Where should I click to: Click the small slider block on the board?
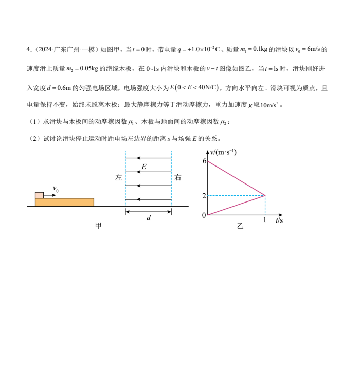(x=39, y=195)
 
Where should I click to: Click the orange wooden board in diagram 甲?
(x=64, y=202)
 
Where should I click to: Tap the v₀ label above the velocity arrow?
(x=56, y=190)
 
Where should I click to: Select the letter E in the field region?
(x=144, y=167)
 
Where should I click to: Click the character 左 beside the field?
(x=119, y=178)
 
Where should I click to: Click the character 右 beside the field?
(x=178, y=178)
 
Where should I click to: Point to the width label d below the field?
(x=149, y=218)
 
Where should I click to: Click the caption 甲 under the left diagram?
(x=98, y=227)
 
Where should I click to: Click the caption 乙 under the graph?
(x=240, y=227)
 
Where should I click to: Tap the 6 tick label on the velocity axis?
(x=204, y=161)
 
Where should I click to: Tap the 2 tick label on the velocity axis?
(x=204, y=196)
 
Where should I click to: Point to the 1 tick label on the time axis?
(x=265, y=220)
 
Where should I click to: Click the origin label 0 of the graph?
(x=204, y=215)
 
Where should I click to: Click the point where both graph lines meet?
(x=265, y=195)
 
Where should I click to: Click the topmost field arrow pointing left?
(x=149, y=158)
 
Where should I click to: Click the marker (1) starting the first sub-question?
(x=35, y=122)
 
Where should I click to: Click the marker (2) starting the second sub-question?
(x=35, y=138)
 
